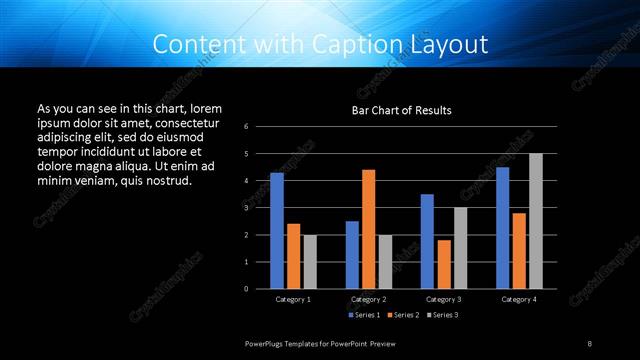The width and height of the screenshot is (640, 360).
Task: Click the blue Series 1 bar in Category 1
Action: pos(277,231)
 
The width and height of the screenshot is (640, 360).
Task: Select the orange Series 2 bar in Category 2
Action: pos(369,229)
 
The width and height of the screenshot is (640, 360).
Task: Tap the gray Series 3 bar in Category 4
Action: pos(535,221)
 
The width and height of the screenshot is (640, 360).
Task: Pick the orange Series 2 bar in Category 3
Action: pos(444,264)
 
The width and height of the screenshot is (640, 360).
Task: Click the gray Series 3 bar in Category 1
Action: pos(309,262)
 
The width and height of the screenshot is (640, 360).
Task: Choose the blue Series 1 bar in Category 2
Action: pos(352,255)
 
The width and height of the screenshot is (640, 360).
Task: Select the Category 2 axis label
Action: pos(369,299)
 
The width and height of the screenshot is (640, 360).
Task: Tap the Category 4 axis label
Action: pos(518,299)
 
